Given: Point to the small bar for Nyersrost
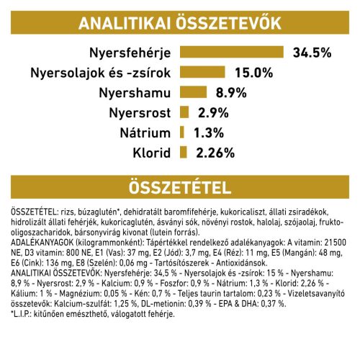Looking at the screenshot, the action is [184, 112].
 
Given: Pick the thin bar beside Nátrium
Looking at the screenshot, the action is [183, 132].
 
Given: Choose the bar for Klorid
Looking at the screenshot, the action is [184, 152].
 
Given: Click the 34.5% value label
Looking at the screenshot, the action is [312, 53].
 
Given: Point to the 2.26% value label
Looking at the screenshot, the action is [215, 152].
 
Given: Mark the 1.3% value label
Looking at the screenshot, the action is [207, 132].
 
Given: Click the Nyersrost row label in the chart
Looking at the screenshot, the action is [138, 112].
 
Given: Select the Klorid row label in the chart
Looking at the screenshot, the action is [150, 152].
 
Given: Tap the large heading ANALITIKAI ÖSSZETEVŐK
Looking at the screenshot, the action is [179, 22].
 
